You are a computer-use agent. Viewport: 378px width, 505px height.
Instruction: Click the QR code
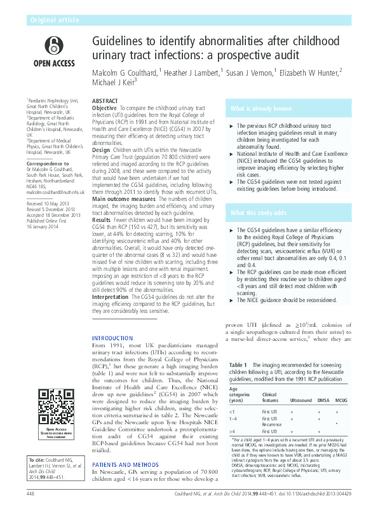55,406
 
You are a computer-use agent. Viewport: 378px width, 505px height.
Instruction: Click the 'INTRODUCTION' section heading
113,337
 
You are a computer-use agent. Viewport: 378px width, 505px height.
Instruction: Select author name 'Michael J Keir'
113,84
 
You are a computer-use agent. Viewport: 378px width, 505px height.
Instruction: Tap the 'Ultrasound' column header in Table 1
301,401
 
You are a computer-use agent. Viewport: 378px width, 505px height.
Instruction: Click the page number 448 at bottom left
30,493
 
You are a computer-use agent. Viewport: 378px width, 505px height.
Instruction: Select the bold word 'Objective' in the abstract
104,109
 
